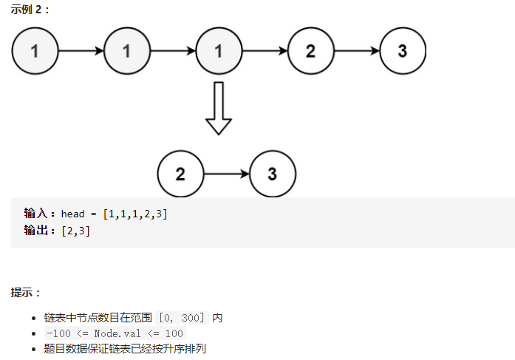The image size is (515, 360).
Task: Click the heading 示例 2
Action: [x=30, y=10]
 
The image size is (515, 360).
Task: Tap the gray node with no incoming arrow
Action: [x=35, y=51]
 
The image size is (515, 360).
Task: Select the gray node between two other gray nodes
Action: [x=127, y=51]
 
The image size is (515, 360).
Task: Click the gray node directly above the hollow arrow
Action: [x=219, y=51]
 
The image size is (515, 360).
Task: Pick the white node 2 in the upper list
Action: [x=310, y=51]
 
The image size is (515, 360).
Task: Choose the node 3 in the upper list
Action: [x=403, y=51]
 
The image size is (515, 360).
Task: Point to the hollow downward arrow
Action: [x=219, y=108]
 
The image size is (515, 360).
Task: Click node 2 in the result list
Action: [x=180, y=174]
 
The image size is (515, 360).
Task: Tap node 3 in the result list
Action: [x=273, y=174]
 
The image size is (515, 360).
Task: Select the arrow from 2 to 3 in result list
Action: [x=226, y=174]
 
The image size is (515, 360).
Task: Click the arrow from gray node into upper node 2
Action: [x=265, y=51]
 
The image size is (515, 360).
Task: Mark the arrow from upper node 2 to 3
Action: [x=356, y=51]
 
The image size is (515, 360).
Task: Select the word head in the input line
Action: [x=74, y=214]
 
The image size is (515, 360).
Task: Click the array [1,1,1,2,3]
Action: [x=136, y=214]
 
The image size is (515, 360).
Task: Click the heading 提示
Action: [x=25, y=293]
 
